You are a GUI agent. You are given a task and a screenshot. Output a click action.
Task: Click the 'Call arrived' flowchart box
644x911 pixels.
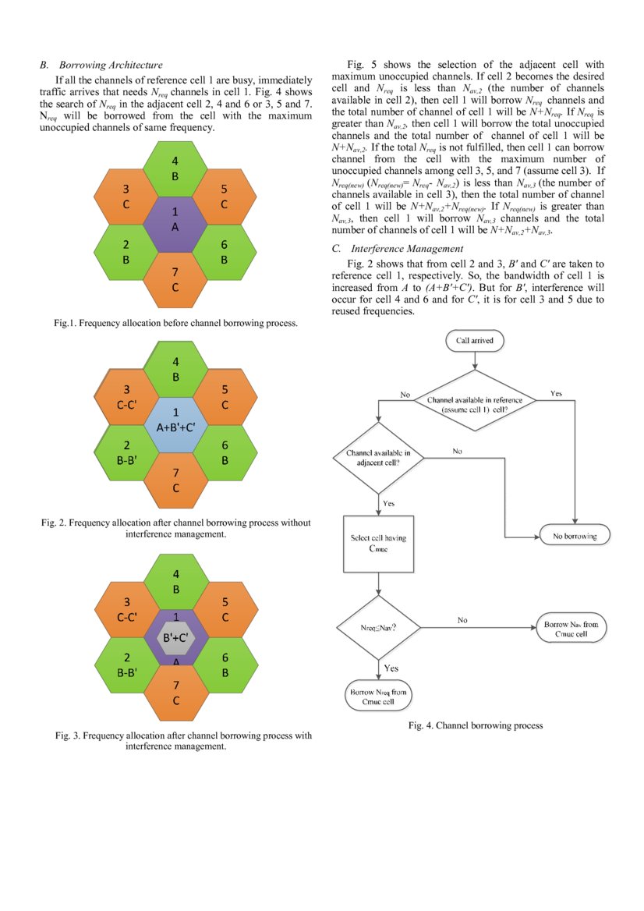click(475, 340)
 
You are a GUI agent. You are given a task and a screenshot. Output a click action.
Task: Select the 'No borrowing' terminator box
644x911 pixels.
click(575, 537)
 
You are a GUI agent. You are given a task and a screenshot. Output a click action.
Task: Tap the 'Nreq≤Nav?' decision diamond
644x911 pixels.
click(378, 626)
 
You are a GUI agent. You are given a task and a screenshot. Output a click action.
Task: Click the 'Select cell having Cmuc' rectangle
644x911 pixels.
click(378, 544)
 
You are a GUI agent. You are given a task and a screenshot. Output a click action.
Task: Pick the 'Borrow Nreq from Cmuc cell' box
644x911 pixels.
click(378, 697)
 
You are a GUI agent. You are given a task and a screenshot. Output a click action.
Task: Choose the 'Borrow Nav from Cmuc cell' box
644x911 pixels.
click(571, 629)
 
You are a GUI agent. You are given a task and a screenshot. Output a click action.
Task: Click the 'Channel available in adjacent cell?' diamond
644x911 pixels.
click(378, 457)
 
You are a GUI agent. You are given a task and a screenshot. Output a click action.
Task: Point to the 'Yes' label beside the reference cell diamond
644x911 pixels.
click(556, 394)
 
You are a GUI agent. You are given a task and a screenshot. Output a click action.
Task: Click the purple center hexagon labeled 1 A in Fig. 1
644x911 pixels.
click(175, 219)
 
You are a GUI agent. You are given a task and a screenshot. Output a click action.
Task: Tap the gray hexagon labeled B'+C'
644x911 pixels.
click(175, 637)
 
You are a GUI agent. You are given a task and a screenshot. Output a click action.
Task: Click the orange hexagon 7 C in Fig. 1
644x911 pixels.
click(175, 280)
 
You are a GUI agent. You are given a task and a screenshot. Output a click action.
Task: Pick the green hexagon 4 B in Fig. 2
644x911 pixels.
click(175, 370)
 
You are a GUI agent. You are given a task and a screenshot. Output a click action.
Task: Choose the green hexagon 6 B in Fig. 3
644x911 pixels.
click(224, 664)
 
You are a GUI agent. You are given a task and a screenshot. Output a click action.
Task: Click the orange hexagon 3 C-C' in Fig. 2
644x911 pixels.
click(126, 396)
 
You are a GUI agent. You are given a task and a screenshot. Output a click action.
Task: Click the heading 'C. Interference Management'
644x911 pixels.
click(397, 248)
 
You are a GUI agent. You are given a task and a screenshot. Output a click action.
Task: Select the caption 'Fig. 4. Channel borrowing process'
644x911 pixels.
click(476, 725)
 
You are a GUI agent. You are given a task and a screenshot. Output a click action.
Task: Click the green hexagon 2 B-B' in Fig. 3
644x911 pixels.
click(126, 664)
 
